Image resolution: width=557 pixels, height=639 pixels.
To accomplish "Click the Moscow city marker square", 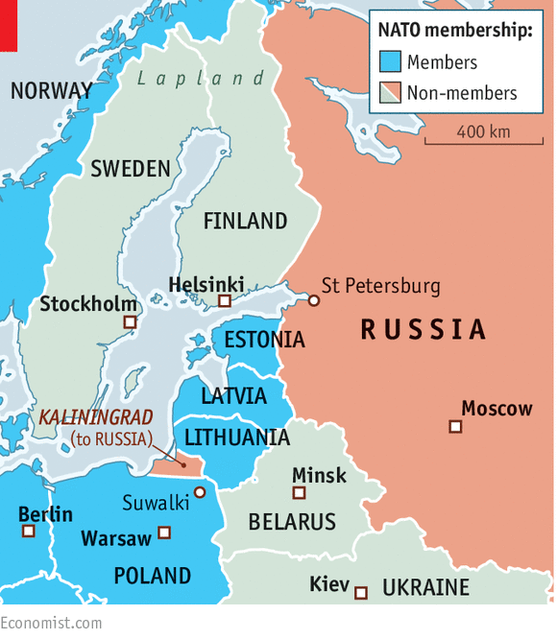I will click(x=456, y=426).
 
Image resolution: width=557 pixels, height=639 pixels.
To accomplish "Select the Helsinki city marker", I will click(x=225, y=301).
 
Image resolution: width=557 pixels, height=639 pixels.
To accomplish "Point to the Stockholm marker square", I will click(x=131, y=323).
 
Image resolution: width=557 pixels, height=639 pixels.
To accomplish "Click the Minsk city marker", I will click(x=300, y=493).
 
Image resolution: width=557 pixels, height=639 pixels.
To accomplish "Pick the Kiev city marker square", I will click(x=361, y=593).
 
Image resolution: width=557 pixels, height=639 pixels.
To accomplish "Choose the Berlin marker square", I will click(x=29, y=531).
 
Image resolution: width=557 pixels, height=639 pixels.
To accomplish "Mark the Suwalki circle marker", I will click(x=200, y=492).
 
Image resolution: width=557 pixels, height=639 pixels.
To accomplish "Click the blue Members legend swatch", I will click(x=389, y=62).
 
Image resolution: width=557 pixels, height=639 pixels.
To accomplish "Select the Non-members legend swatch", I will click(x=389, y=93).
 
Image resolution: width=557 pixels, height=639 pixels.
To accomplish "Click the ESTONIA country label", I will click(x=264, y=340).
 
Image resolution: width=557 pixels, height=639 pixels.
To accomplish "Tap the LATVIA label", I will click(x=233, y=395).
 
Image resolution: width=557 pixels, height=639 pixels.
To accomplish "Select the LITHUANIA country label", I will click(x=236, y=438).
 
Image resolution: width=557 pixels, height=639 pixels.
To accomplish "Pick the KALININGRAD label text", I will click(x=96, y=418).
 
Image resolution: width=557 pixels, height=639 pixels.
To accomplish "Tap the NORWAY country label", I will click(x=51, y=91).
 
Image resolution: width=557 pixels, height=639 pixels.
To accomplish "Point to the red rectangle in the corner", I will click(x=9, y=25).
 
